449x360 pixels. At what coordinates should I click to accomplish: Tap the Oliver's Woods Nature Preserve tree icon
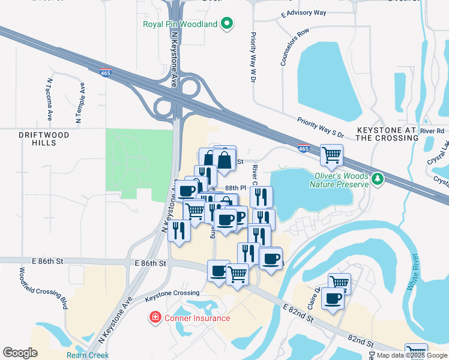coord(378,179)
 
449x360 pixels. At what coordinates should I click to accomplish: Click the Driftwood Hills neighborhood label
coord(44,139)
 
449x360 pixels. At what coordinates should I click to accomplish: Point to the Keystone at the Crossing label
coord(387,134)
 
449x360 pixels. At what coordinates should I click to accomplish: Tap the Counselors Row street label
coord(294,47)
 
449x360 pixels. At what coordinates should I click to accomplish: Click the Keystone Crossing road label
coord(172,293)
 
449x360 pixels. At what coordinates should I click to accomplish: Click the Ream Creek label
coord(88,355)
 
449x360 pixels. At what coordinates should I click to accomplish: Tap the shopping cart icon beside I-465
coord(331,155)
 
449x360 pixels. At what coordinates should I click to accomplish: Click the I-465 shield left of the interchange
coord(104,72)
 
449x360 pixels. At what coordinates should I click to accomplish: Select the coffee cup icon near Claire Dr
coord(333,298)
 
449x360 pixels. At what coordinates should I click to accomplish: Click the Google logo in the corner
coord(20,353)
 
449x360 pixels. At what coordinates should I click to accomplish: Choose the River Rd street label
coord(432,131)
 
